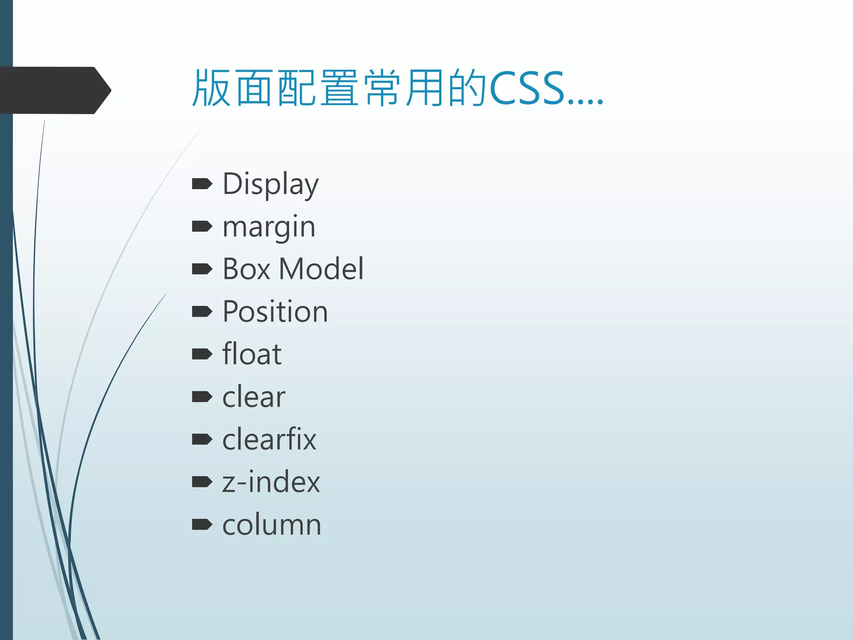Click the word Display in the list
click(270, 184)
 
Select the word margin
click(269, 227)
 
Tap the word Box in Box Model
click(246, 269)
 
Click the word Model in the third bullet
click(321, 269)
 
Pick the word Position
click(275, 312)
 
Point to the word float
click(252, 354)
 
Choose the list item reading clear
click(253, 397)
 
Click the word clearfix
click(269, 440)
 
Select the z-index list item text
click(271, 482)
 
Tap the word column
click(272, 525)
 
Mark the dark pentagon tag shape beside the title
click(54, 90)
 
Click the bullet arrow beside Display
click(202, 184)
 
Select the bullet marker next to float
click(202, 354)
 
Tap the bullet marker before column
click(202, 525)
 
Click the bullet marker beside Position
click(202, 312)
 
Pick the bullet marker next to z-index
click(202, 482)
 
